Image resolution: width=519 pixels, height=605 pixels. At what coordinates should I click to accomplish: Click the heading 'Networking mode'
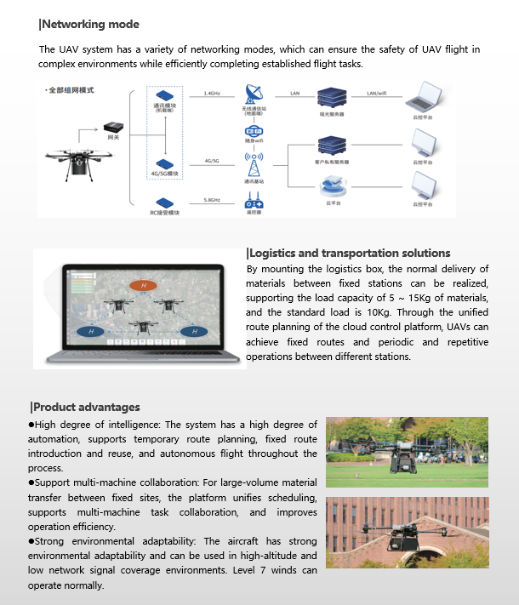tap(90, 25)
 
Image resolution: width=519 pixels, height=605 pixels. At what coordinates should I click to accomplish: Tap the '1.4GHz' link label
tap(212, 93)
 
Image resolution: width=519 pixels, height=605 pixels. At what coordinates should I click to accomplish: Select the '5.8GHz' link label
tap(212, 199)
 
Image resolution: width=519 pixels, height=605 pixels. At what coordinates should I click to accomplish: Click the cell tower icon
tap(254, 163)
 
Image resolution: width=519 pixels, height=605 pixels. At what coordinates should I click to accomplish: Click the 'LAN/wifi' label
tap(378, 93)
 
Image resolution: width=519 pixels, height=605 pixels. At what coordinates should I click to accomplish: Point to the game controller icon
tap(254, 203)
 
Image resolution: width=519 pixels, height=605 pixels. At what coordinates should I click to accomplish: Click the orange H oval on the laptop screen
tap(144, 285)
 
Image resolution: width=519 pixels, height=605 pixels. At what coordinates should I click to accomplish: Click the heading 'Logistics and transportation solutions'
tap(349, 253)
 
